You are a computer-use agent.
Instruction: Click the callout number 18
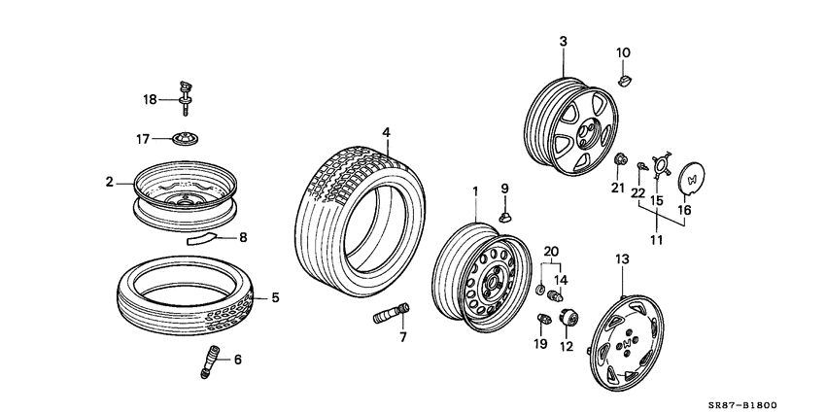tap(150, 99)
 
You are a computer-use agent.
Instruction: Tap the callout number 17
tap(143, 139)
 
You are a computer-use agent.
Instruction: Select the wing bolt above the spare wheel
tap(184, 94)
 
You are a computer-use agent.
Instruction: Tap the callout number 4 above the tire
tap(386, 131)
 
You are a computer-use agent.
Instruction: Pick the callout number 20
tap(552, 251)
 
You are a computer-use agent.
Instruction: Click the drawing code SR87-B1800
tap(751, 403)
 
